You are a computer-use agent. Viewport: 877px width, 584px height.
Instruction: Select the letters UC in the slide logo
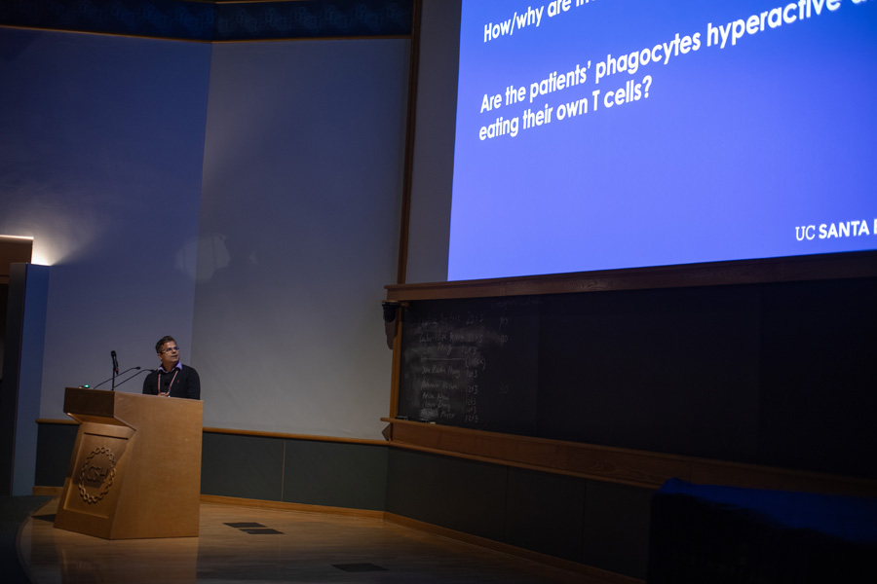pos(805,233)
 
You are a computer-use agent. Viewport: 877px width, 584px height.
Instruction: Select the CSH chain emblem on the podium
pos(96,474)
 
